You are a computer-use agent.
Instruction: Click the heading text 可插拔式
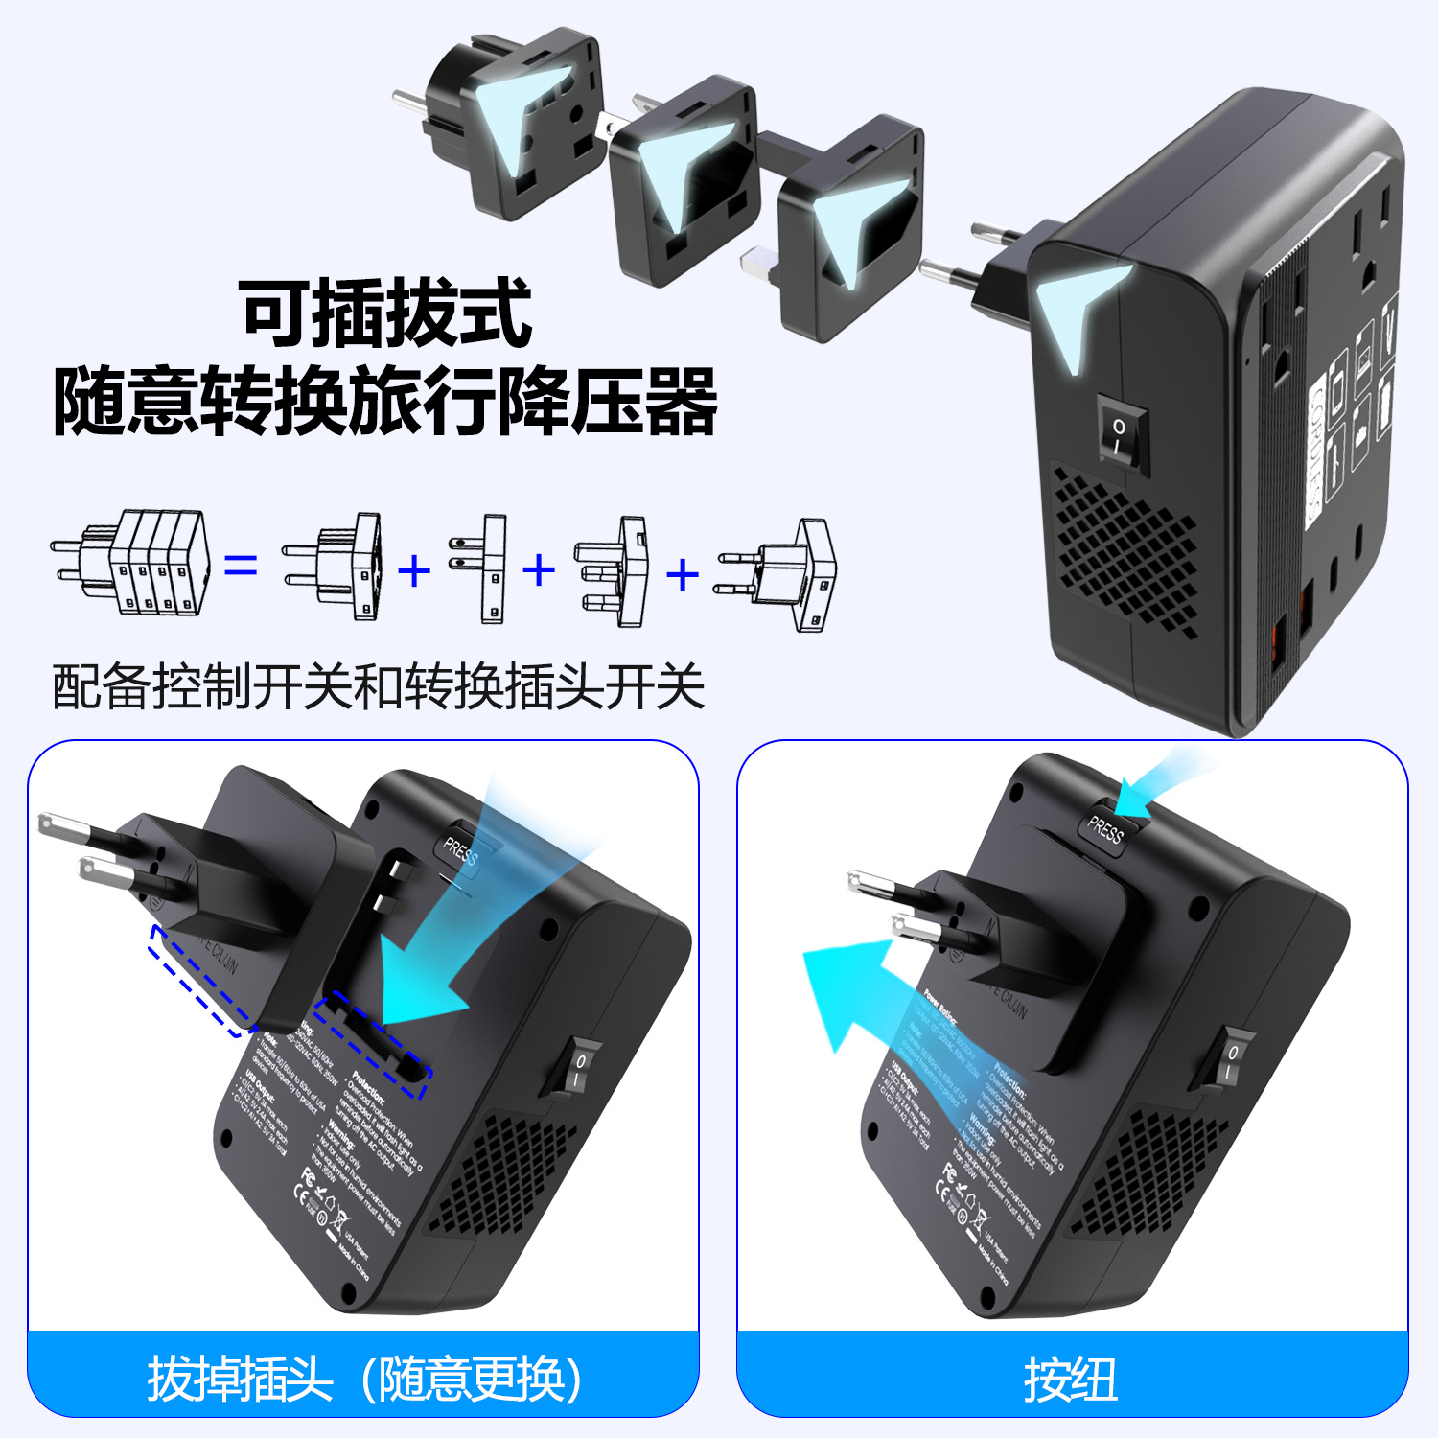click(385, 313)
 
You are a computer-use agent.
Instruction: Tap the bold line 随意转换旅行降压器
click(385, 402)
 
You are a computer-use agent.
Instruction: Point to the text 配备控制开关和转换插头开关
click(378, 686)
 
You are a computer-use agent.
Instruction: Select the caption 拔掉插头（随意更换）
click(364, 1379)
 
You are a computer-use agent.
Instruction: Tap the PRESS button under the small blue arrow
click(1108, 827)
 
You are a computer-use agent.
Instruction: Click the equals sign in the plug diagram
click(241, 566)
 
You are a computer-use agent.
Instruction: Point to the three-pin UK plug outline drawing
click(611, 572)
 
